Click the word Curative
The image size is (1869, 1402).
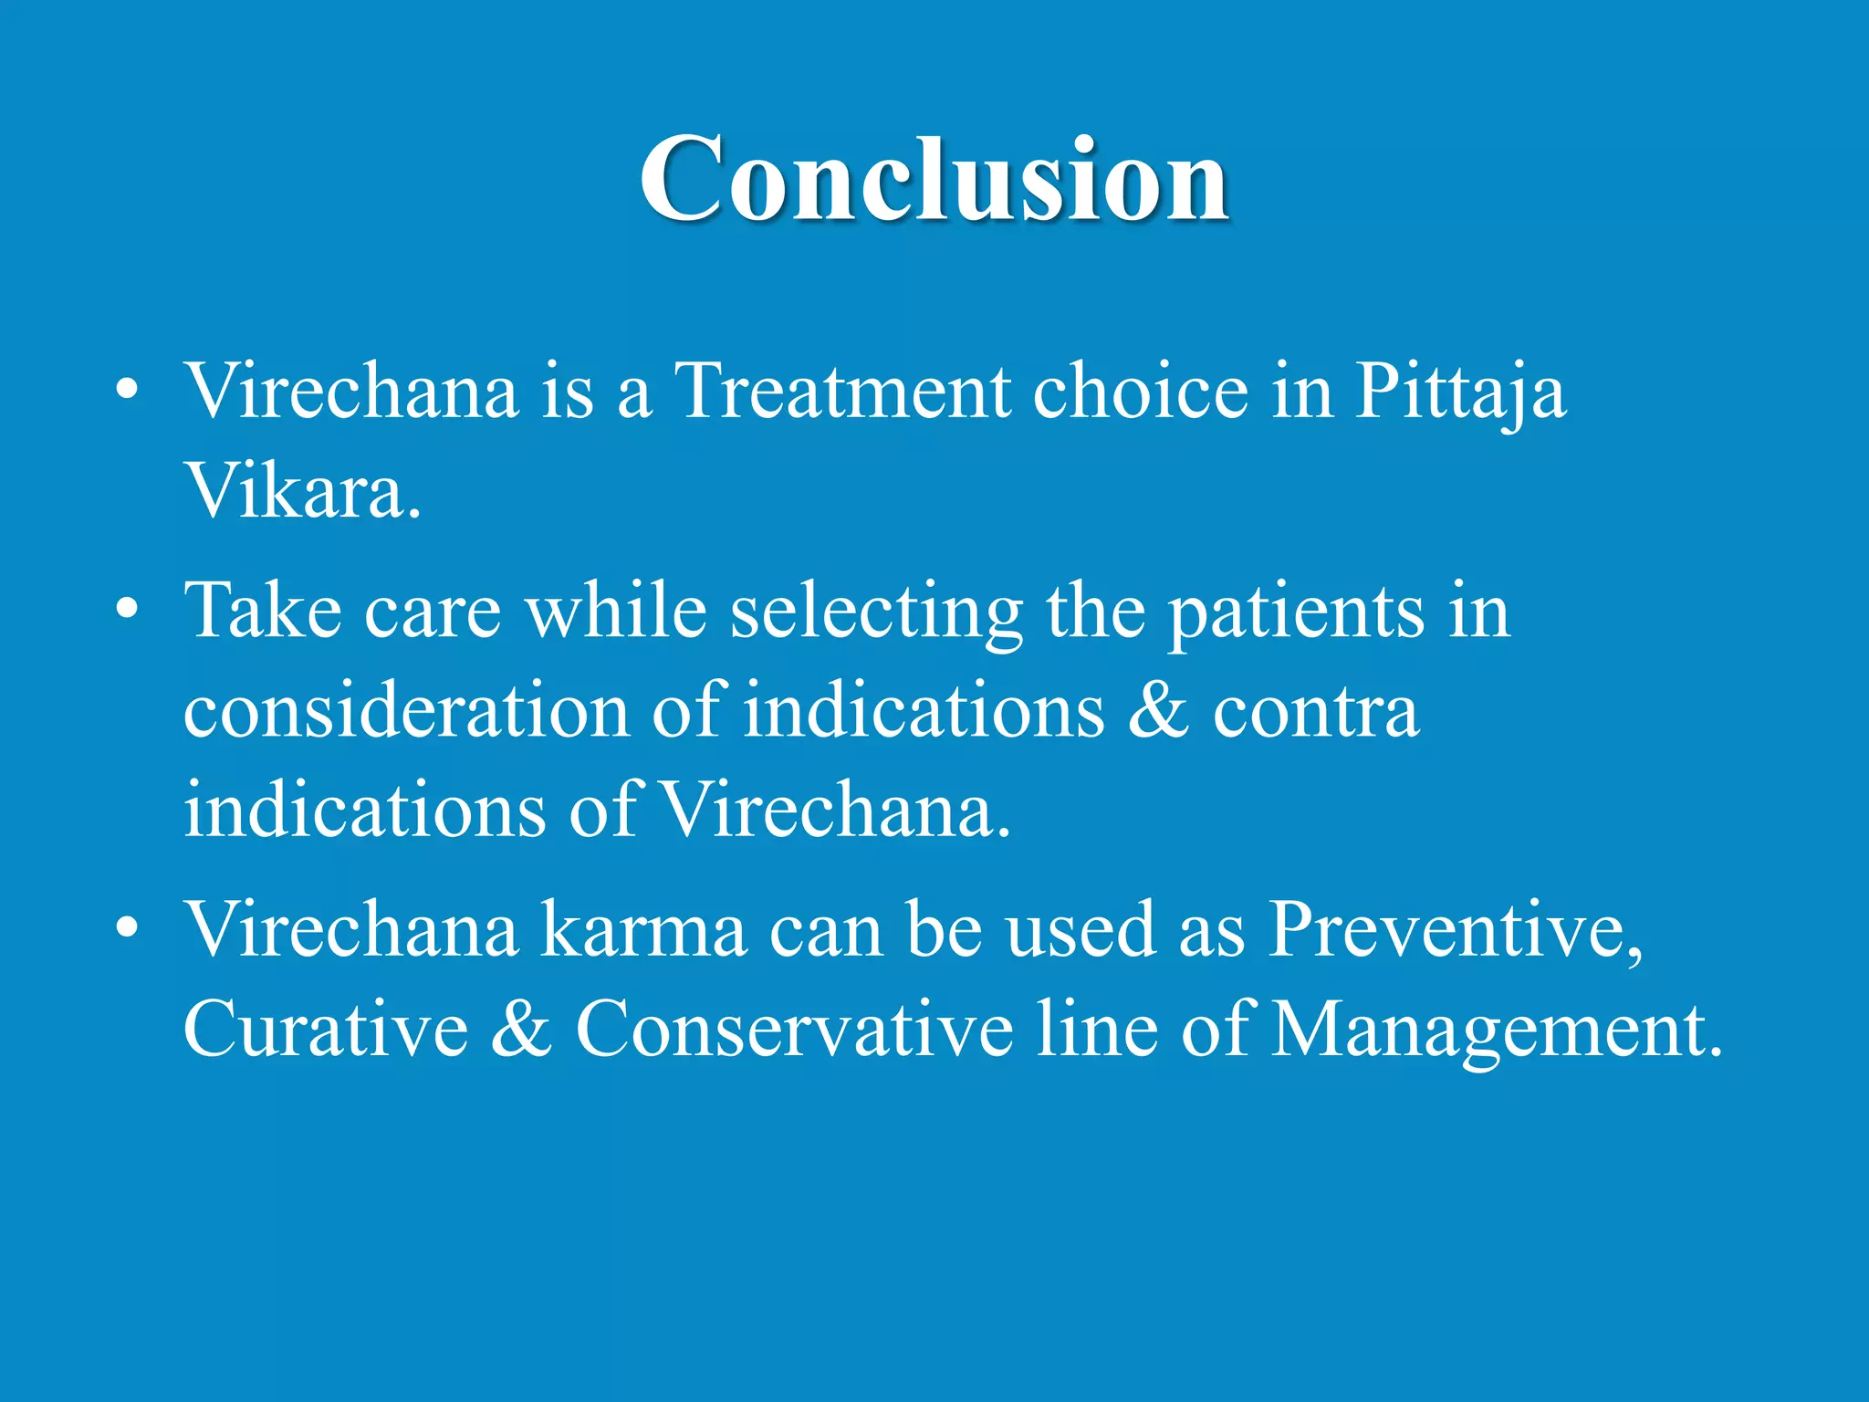point(326,1030)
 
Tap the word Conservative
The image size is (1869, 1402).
point(794,1030)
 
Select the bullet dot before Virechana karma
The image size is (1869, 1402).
point(127,928)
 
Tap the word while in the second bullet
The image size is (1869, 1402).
point(616,612)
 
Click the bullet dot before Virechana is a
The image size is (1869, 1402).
point(127,391)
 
